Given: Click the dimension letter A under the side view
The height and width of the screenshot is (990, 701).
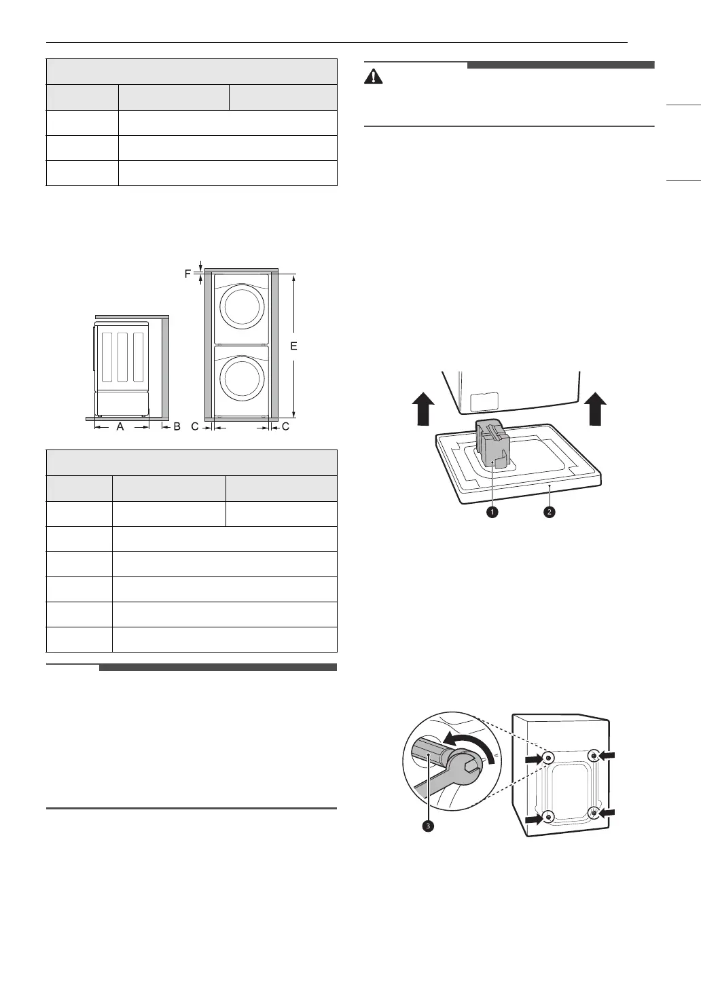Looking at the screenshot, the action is tap(120, 427).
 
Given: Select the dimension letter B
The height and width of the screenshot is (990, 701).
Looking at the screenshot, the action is tap(177, 427).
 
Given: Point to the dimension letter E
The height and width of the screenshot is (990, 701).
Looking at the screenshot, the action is tap(293, 346).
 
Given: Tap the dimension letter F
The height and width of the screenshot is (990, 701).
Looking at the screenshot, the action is tap(188, 274).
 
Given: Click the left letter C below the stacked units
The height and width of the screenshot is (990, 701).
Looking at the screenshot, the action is tap(195, 427).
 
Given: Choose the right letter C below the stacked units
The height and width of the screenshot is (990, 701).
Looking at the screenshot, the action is tap(285, 427).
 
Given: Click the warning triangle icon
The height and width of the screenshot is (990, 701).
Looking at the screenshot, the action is tap(374, 76).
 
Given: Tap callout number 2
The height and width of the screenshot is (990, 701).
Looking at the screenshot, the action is tap(550, 511).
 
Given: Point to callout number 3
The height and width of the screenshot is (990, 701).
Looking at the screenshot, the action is tap(428, 826).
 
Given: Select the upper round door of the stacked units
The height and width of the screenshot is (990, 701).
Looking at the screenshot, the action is tap(242, 307).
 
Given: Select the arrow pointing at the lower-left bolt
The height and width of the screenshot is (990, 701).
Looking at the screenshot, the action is tap(535, 820).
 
